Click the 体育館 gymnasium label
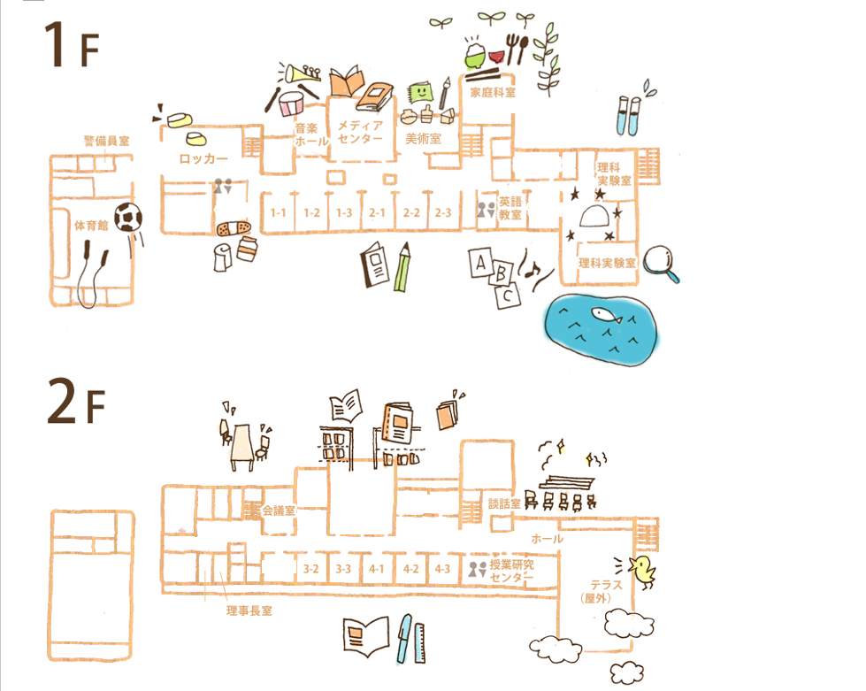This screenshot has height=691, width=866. click(91, 226)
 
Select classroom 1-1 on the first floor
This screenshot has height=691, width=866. click(278, 213)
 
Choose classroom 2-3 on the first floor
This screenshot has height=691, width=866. click(442, 213)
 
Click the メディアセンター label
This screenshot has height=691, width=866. click(360, 133)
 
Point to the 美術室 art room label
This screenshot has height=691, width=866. click(423, 139)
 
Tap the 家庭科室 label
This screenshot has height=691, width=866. click(493, 92)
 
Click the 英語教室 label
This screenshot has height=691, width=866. click(510, 208)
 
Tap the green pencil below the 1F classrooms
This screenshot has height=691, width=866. click(403, 269)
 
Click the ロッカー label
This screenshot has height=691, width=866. click(203, 159)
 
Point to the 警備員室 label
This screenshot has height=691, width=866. click(107, 141)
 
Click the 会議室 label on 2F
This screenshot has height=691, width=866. click(279, 511)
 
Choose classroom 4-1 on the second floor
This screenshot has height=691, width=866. click(377, 569)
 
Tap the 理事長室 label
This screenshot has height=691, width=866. click(249, 610)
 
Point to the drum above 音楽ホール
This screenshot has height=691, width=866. click(292, 103)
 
